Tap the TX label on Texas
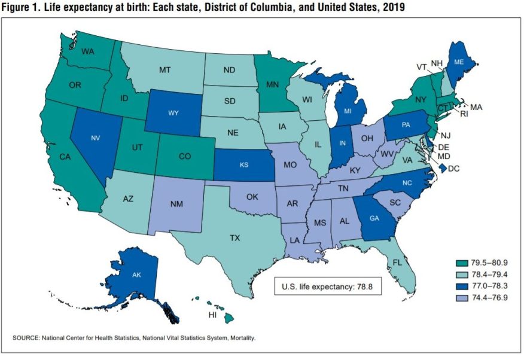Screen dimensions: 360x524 (x=234, y=238)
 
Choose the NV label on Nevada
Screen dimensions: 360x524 (x=94, y=138)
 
